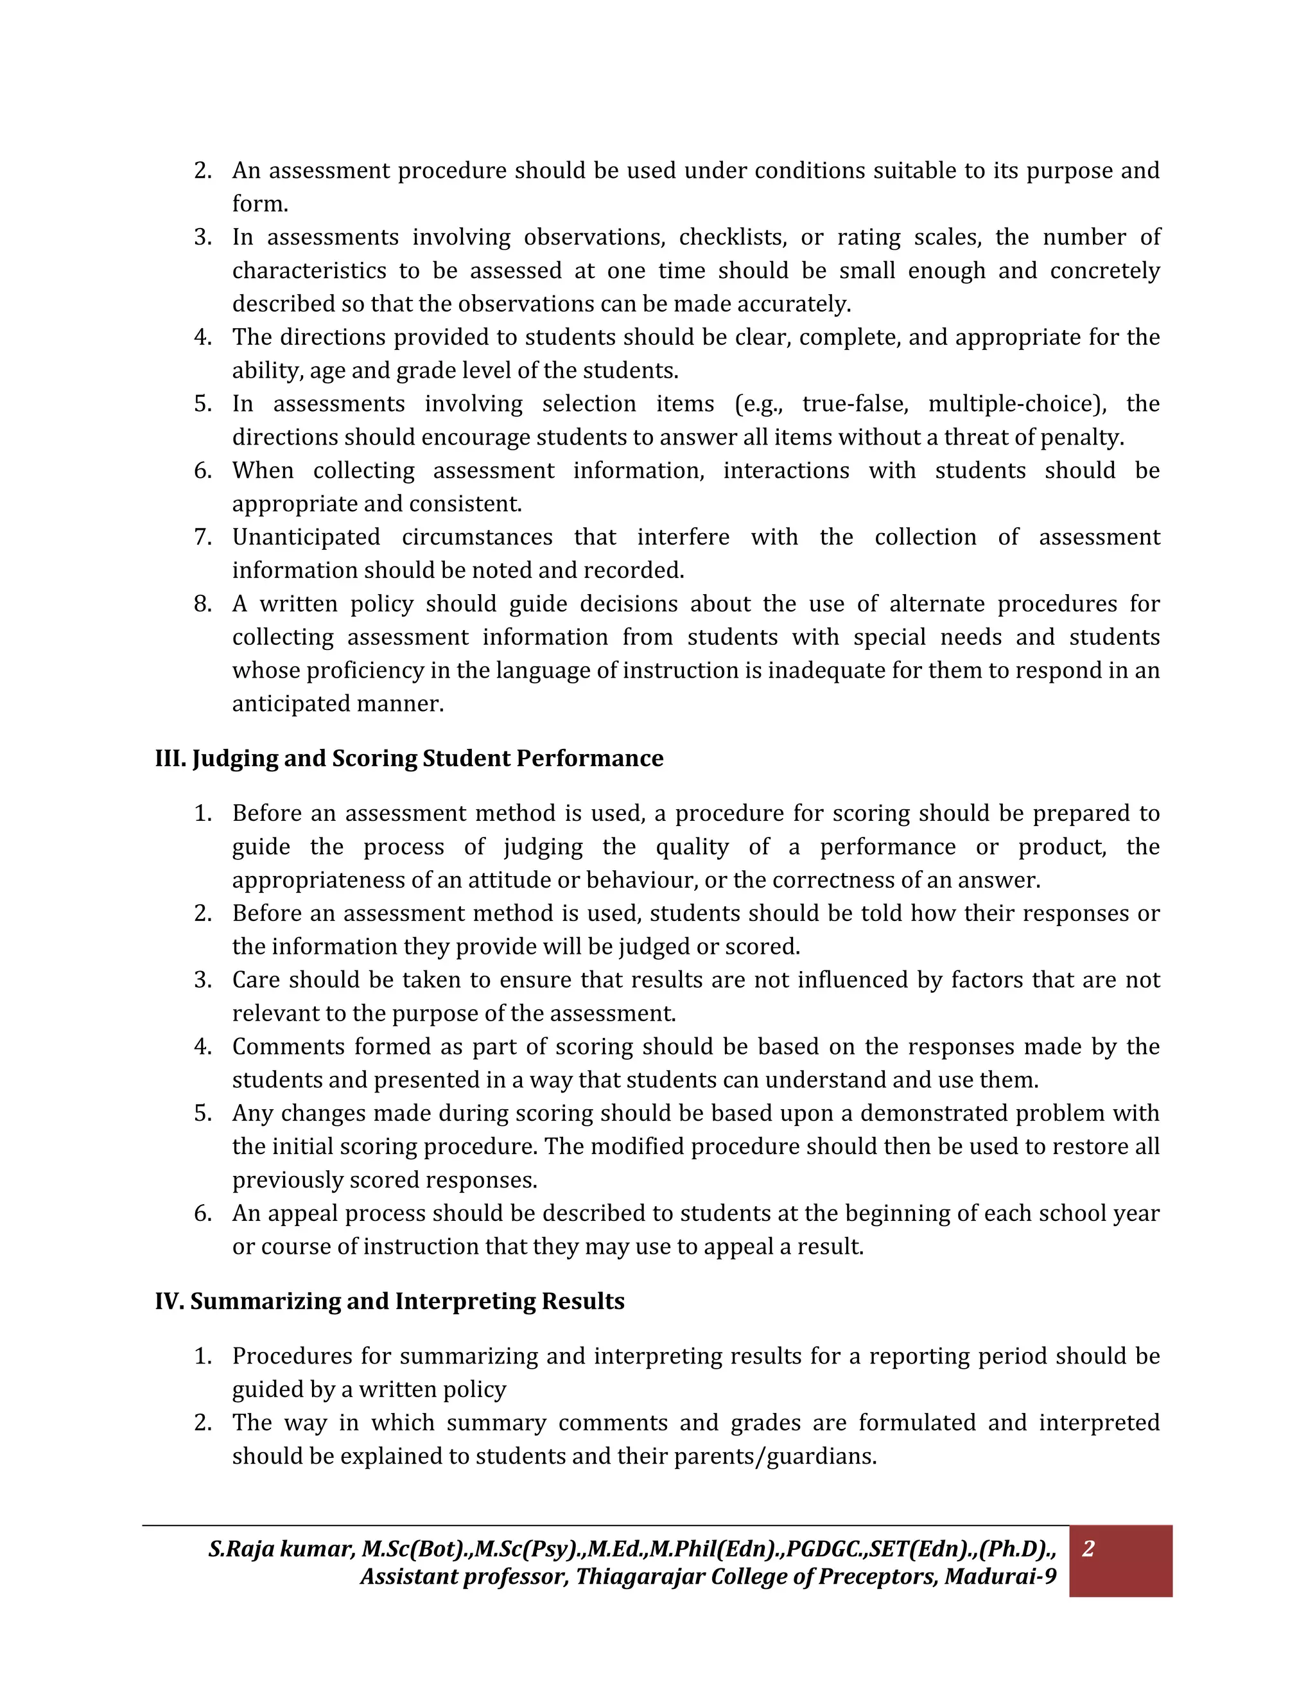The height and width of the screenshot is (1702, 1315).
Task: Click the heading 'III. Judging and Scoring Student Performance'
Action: tap(409, 759)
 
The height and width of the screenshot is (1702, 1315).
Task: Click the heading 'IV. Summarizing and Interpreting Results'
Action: tap(390, 1301)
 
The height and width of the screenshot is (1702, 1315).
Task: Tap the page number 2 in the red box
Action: tap(1088, 1548)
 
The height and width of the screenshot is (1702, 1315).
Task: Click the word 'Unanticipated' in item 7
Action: tap(306, 537)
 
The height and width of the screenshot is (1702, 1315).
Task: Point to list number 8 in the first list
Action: tap(202, 604)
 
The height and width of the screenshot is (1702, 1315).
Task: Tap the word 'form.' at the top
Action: tap(260, 204)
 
